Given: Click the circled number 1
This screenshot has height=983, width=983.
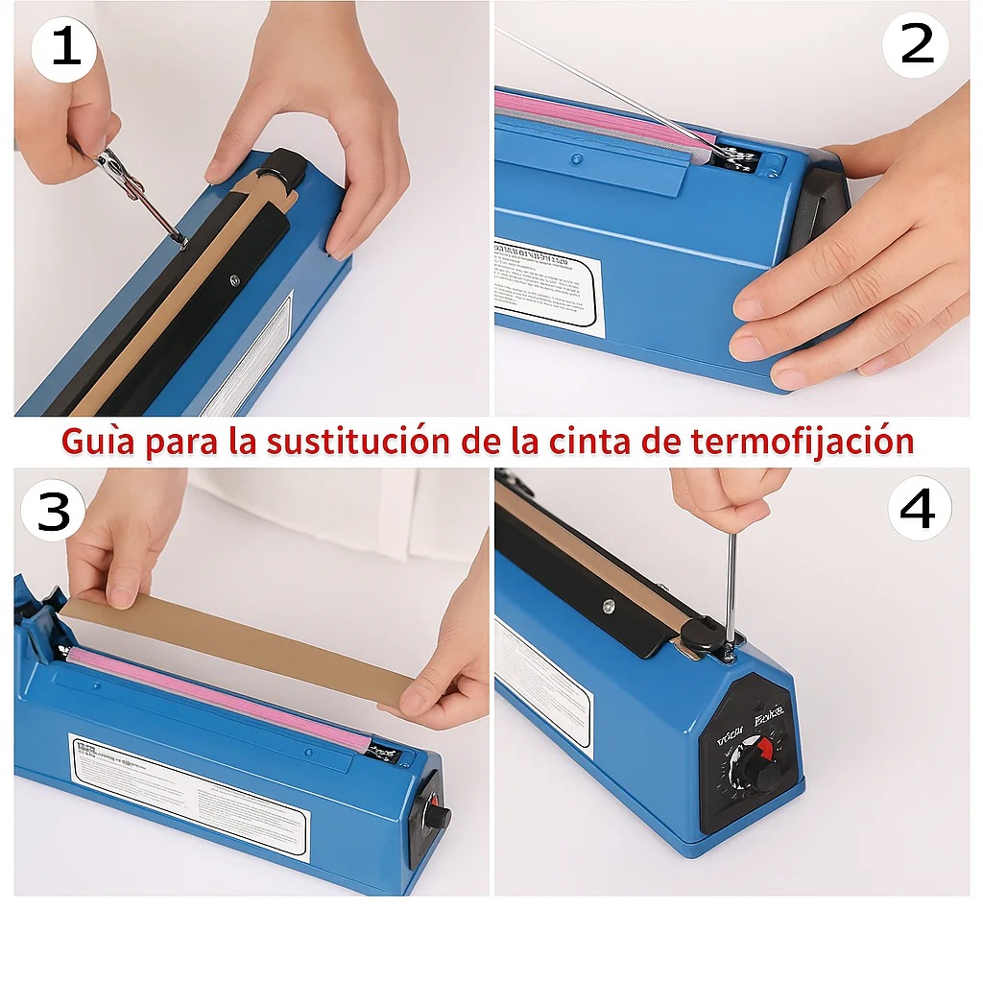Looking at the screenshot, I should tap(64, 48).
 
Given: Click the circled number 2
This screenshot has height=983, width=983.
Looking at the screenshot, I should tap(916, 44).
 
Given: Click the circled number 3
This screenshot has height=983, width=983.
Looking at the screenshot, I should tap(54, 512).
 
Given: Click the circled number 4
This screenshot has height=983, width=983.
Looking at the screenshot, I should tap(919, 509).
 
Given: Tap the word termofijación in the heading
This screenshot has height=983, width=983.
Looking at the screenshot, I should tap(801, 441).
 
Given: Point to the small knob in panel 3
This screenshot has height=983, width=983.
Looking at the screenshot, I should tap(438, 817).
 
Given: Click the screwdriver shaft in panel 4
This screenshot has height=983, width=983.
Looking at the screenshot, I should tap(731, 586).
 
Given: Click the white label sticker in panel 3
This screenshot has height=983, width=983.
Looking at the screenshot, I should tap(187, 795).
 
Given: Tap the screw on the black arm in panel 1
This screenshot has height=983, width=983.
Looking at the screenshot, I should tap(233, 281).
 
